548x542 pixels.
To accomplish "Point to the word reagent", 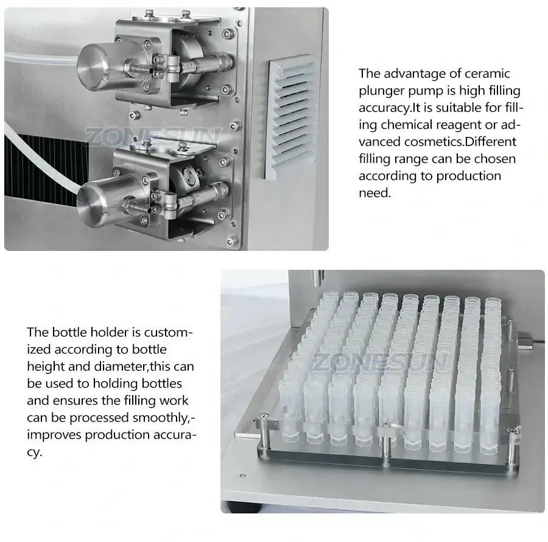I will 462,125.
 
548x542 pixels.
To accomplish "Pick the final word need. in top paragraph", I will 374,193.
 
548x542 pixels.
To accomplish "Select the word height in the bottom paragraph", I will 47,367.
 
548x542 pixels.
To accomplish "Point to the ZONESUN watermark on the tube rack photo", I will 382,362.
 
